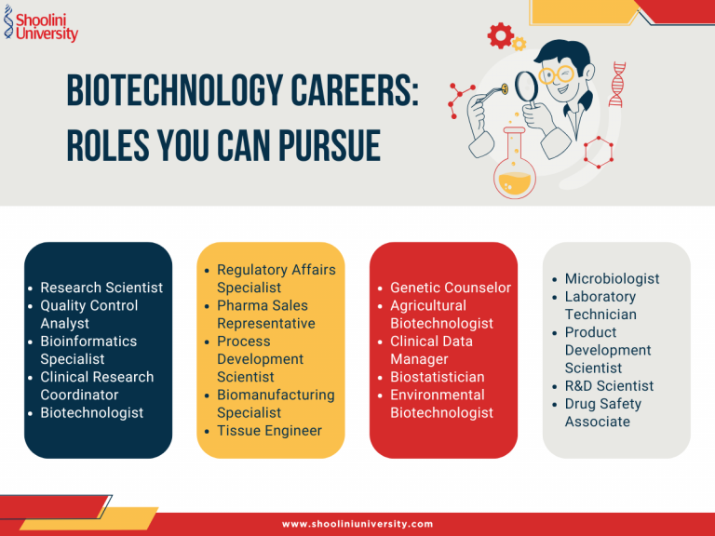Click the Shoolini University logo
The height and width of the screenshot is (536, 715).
(41, 24)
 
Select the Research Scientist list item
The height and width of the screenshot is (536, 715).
(101, 288)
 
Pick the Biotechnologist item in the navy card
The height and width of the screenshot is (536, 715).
(91, 412)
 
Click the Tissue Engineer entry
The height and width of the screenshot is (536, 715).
(269, 430)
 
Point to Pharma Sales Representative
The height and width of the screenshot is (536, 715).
(265, 315)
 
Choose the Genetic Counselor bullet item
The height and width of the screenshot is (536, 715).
(450, 288)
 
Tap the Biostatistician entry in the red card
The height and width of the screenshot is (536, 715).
(437, 377)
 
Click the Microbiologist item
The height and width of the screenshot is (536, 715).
(612, 278)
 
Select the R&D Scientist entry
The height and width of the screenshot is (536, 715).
(609, 385)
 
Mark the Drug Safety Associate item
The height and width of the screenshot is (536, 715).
(602, 412)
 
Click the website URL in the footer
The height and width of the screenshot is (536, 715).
(357, 524)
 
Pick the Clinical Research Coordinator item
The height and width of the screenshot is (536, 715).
(97, 385)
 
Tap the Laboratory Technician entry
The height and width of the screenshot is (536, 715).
(600, 305)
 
